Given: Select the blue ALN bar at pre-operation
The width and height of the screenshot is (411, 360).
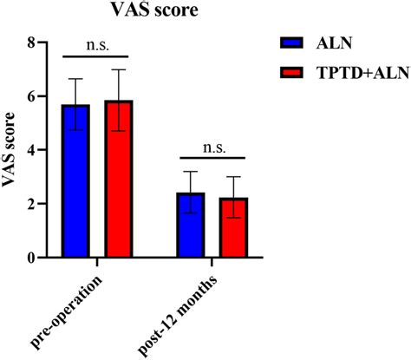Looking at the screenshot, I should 75,182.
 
